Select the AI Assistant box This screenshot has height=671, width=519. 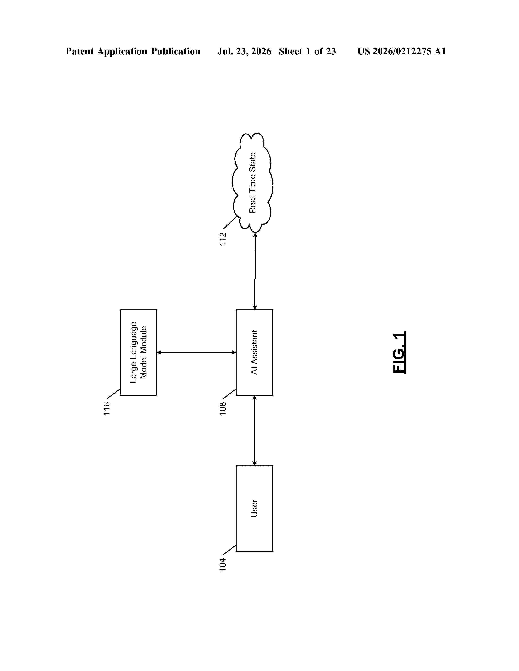click(x=254, y=352)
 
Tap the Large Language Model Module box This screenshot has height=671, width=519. click(x=138, y=352)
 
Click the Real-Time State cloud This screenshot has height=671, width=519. click(x=252, y=183)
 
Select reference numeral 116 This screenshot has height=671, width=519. click(x=107, y=409)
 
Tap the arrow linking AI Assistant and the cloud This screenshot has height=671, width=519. click(x=255, y=271)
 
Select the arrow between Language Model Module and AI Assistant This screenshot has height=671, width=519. click(x=196, y=352)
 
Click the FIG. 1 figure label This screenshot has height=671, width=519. click(x=399, y=352)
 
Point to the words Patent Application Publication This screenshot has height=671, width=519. click(x=133, y=51)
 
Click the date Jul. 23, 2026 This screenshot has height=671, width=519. click(x=244, y=51)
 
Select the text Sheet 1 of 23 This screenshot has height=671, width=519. click(x=308, y=51)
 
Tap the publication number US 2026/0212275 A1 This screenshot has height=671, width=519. click(x=402, y=51)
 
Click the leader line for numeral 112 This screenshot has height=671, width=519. click(x=230, y=223)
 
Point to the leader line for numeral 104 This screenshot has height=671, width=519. click(x=229, y=550)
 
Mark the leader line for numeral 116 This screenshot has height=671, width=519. click(x=113, y=394)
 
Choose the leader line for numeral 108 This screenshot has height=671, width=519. click(x=229, y=394)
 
